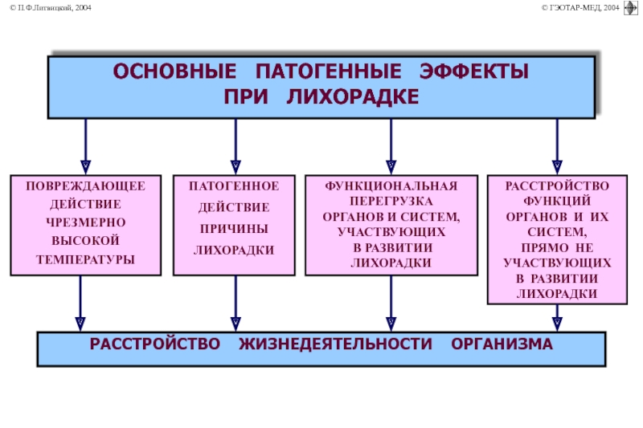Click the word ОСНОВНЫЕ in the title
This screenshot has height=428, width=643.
[x=174, y=71]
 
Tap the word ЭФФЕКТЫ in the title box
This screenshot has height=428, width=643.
[x=474, y=71]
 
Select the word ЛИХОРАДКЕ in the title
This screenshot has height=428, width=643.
[x=353, y=97]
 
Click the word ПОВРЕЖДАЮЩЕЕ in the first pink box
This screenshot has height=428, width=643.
[x=86, y=186]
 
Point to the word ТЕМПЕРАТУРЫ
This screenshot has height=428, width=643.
[x=86, y=259]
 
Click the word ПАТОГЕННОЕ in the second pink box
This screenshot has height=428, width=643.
[x=234, y=186]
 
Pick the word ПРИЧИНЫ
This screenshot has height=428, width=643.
[x=234, y=229]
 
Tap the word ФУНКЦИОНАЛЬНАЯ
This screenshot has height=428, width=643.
[x=391, y=186]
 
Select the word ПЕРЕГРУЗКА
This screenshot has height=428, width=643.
[x=391, y=201]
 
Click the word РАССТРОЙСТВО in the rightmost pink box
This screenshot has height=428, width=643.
[x=557, y=186]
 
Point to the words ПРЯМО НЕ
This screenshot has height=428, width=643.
[x=557, y=248]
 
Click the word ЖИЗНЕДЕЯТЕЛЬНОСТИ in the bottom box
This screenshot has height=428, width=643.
[x=335, y=344]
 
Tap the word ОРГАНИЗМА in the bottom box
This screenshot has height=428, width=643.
[x=502, y=344]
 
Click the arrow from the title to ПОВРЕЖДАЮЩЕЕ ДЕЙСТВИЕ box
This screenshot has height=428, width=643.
[x=86, y=146]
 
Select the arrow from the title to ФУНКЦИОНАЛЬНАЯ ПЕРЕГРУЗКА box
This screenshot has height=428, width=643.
[x=391, y=146]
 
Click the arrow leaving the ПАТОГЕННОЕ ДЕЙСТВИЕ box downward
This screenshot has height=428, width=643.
[x=235, y=303]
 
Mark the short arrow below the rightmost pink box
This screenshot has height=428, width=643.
[x=557, y=317]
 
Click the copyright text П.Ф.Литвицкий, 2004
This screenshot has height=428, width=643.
[x=51, y=8]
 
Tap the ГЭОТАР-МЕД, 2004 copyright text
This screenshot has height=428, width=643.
[x=580, y=8]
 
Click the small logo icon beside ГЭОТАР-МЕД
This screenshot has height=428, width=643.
[x=630, y=8]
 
